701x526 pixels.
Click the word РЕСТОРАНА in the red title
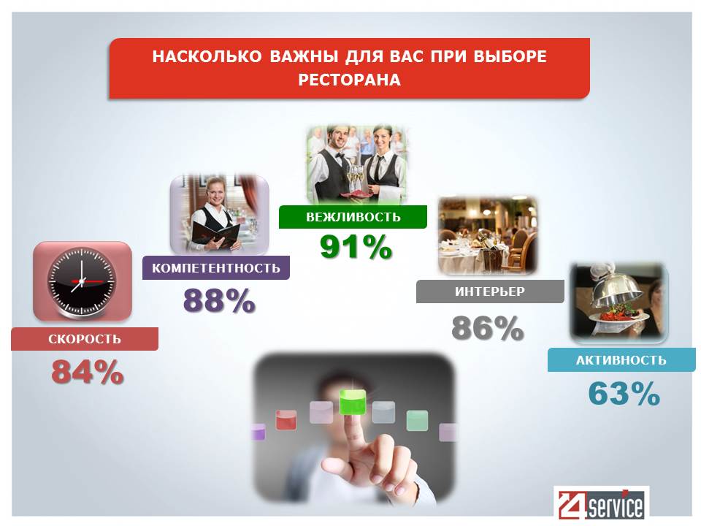(x=349, y=80)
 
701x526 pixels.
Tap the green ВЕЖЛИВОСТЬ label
(x=353, y=217)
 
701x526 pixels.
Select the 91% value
(x=356, y=247)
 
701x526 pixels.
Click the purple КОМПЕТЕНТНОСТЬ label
(x=216, y=268)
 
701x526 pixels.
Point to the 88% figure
(x=219, y=300)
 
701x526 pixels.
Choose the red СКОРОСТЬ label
(x=85, y=339)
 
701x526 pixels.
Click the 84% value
(x=87, y=372)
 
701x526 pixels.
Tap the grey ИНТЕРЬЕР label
(x=490, y=291)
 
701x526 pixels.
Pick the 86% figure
(x=487, y=328)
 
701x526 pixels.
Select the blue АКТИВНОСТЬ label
(x=621, y=360)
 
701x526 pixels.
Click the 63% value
(x=624, y=393)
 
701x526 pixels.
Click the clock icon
(x=83, y=281)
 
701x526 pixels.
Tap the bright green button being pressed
(x=352, y=401)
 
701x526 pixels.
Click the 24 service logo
(x=601, y=503)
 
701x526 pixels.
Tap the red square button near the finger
(x=286, y=420)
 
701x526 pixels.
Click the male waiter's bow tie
(x=340, y=156)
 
